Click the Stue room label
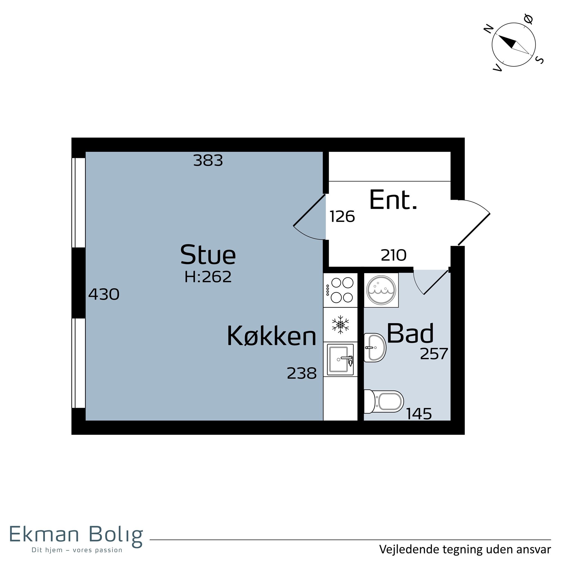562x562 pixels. pos(208,255)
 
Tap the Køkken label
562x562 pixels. pos(271,336)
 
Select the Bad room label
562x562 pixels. pos(410,333)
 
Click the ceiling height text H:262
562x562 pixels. pos(208,277)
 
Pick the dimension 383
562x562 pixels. pos(208,160)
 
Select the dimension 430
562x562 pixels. pos(104,294)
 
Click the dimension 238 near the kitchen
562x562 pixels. pos(302,373)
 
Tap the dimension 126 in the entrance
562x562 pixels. pos(342,217)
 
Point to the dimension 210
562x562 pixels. pos(394,255)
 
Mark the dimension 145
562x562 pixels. pos(419,414)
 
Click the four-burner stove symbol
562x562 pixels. pos(340,290)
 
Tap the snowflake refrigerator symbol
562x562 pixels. pos(340,324)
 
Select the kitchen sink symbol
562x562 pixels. pos(340,360)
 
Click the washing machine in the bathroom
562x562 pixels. pos(381,290)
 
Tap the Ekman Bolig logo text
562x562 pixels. pos(76,534)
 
